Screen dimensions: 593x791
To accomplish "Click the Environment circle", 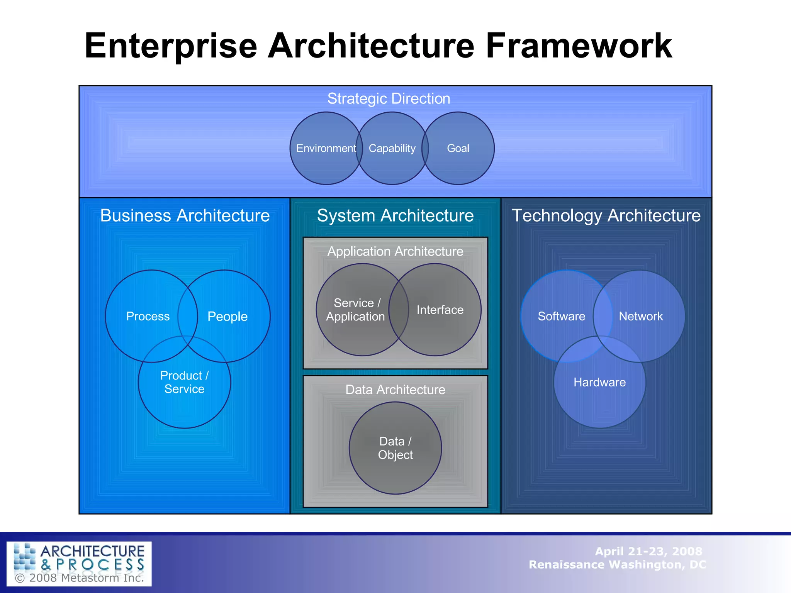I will pyautogui.click(x=326, y=148).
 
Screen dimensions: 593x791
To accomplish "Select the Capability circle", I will pyautogui.click(x=392, y=148).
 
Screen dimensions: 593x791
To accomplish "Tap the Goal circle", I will pyautogui.click(x=458, y=148).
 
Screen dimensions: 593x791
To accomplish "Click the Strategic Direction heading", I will pyautogui.click(x=389, y=98).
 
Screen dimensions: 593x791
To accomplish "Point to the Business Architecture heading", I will pyautogui.click(x=185, y=215).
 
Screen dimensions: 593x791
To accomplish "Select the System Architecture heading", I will pyautogui.click(x=395, y=215).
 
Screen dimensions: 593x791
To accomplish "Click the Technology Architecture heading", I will pyautogui.click(x=606, y=215).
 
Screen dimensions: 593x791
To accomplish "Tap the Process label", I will pyautogui.click(x=148, y=316).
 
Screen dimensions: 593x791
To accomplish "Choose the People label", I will pyautogui.click(x=227, y=316).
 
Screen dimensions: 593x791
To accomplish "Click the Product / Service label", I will pyautogui.click(x=185, y=382).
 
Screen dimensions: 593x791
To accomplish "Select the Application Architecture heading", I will pyautogui.click(x=395, y=251).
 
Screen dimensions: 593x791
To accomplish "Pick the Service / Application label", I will pyautogui.click(x=356, y=310).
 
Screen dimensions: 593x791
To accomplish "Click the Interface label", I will pyautogui.click(x=440, y=310).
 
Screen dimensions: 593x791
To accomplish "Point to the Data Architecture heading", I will pyautogui.click(x=395, y=390).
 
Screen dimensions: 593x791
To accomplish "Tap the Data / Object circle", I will pyautogui.click(x=395, y=448).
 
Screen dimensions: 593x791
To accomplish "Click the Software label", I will pyautogui.click(x=562, y=316).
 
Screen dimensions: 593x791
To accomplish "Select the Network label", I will pyautogui.click(x=641, y=316).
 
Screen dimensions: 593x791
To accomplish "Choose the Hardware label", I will pyautogui.click(x=599, y=382).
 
